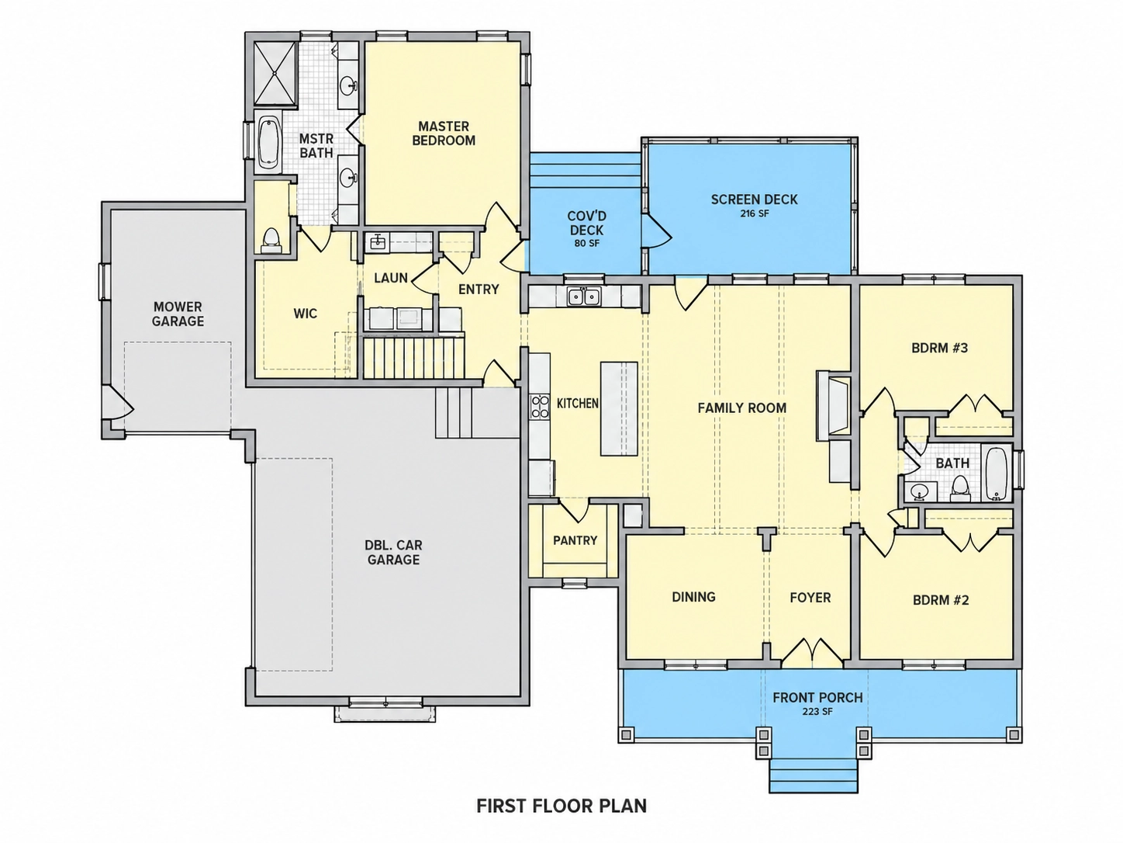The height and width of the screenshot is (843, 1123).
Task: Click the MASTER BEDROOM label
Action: [x=444, y=133]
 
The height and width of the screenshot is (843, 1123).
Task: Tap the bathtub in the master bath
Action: [x=268, y=144]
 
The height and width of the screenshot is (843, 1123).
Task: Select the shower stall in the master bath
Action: [x=275, y=75]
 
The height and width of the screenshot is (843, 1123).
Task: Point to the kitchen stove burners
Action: [x=539, y=408]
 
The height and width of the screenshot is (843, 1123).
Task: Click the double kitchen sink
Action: [x=584, y=296]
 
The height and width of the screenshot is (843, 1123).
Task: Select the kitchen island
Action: [x=619, y=408]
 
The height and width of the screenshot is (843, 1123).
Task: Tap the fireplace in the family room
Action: [x=833, y=405]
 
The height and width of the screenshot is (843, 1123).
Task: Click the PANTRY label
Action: [x=575, y=540]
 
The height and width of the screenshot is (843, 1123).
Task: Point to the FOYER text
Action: [x=810, y=597]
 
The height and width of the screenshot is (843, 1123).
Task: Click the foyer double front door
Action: [x=812, y=654]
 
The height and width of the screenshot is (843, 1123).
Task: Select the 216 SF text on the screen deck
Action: [x=754, y=213]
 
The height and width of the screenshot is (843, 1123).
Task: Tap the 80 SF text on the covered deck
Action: [x=586, y=243]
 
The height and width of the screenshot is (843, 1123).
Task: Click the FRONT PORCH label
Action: [x=817, y=697]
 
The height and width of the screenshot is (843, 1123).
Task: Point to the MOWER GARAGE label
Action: [x=178, y=314]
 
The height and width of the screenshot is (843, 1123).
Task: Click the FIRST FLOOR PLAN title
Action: [x=561, y=806]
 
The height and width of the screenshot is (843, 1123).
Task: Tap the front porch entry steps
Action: [x=814, y=775]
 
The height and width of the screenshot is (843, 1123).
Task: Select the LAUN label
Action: [x=391, y=278]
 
